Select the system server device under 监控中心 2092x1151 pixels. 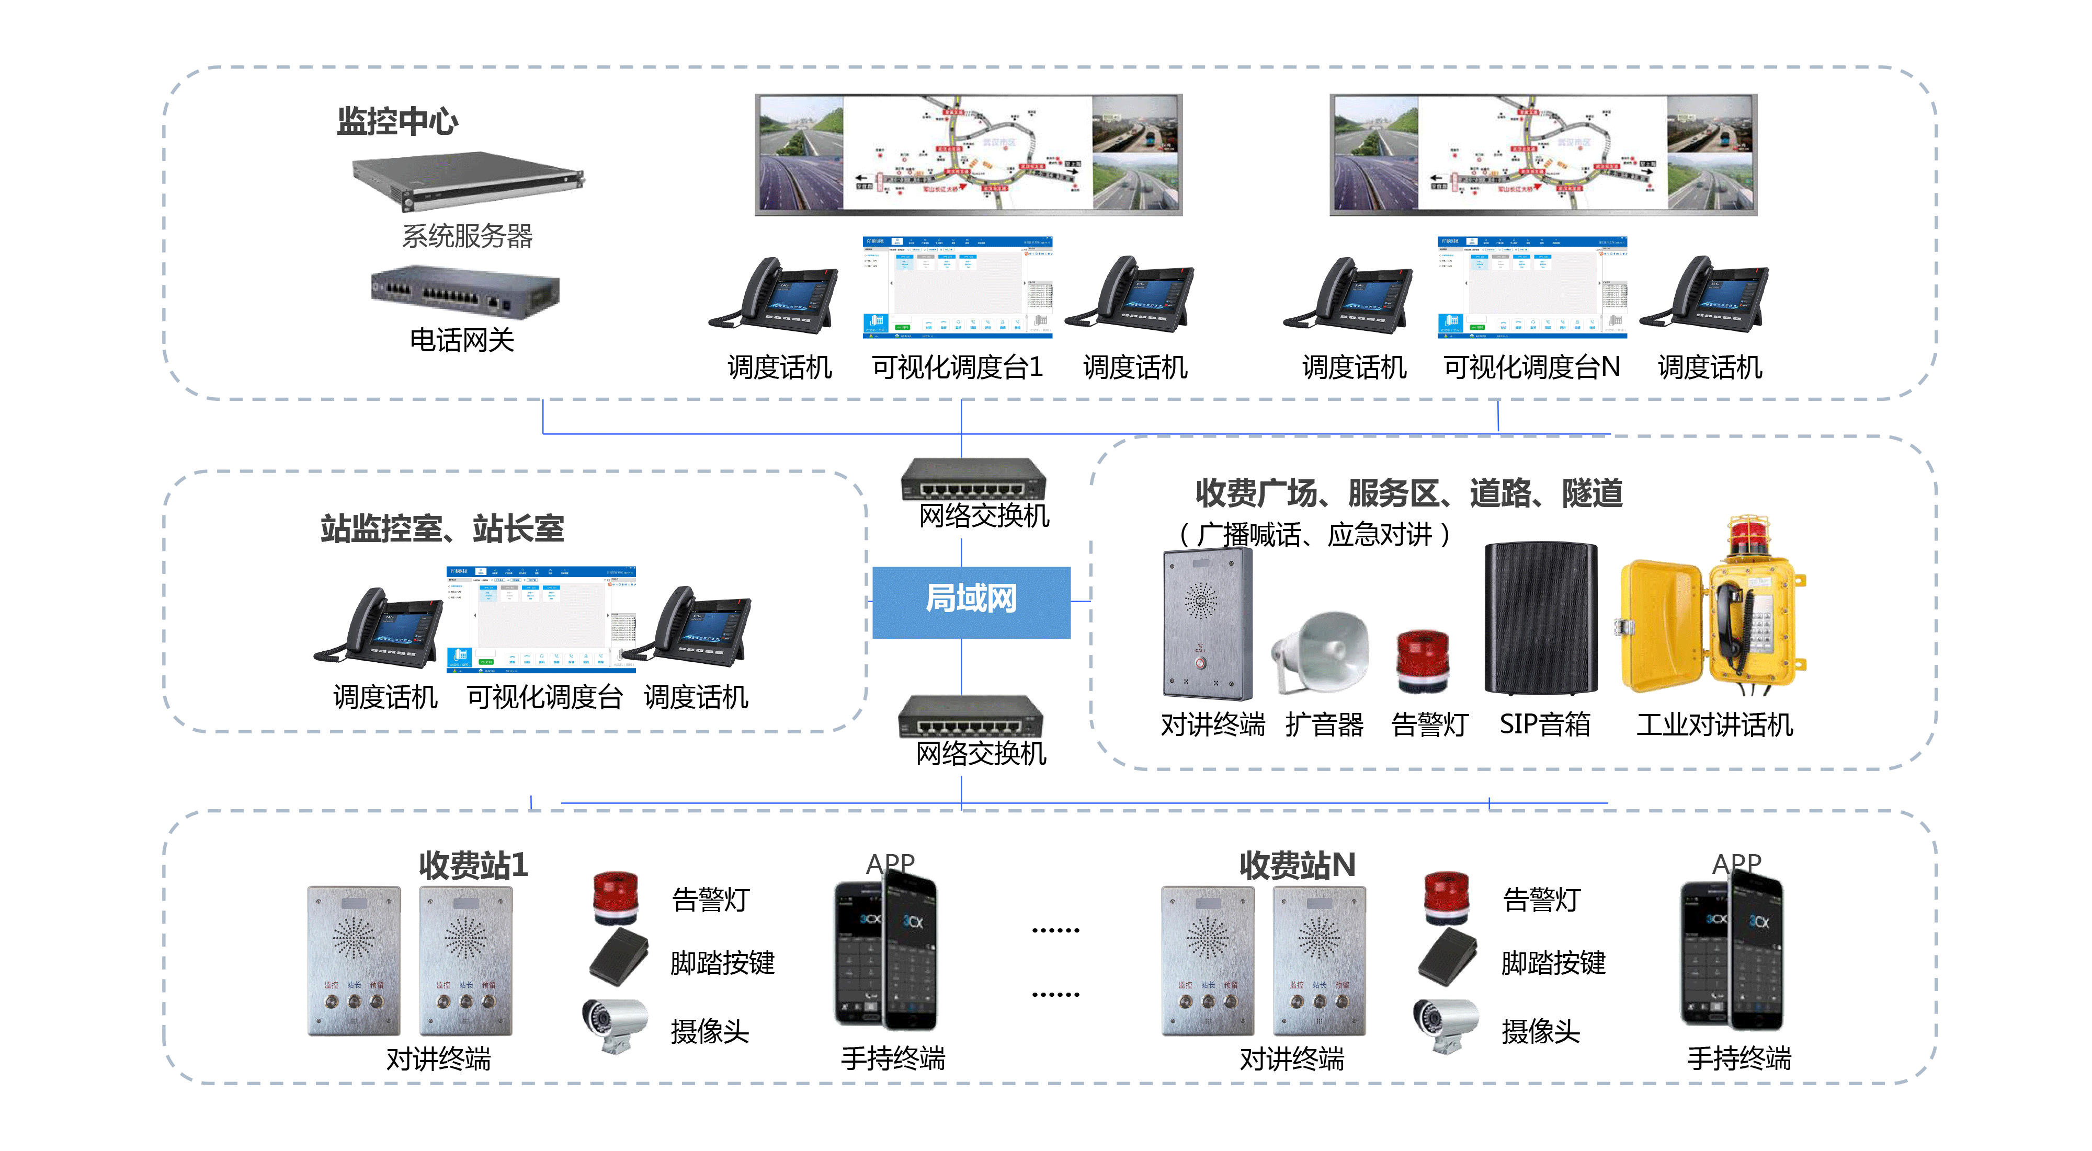(x=467, y=180)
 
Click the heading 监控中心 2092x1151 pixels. (x=397, y=122)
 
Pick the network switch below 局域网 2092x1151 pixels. (x=971, y=716)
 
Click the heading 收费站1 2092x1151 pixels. (x=473, y=865)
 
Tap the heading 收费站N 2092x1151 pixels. (x=1297, y=865)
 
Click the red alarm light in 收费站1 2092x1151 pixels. (x=616, y=897)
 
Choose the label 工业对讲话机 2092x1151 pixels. (x=1713, y=724)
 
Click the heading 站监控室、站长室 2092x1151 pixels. (x=442, y=529)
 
